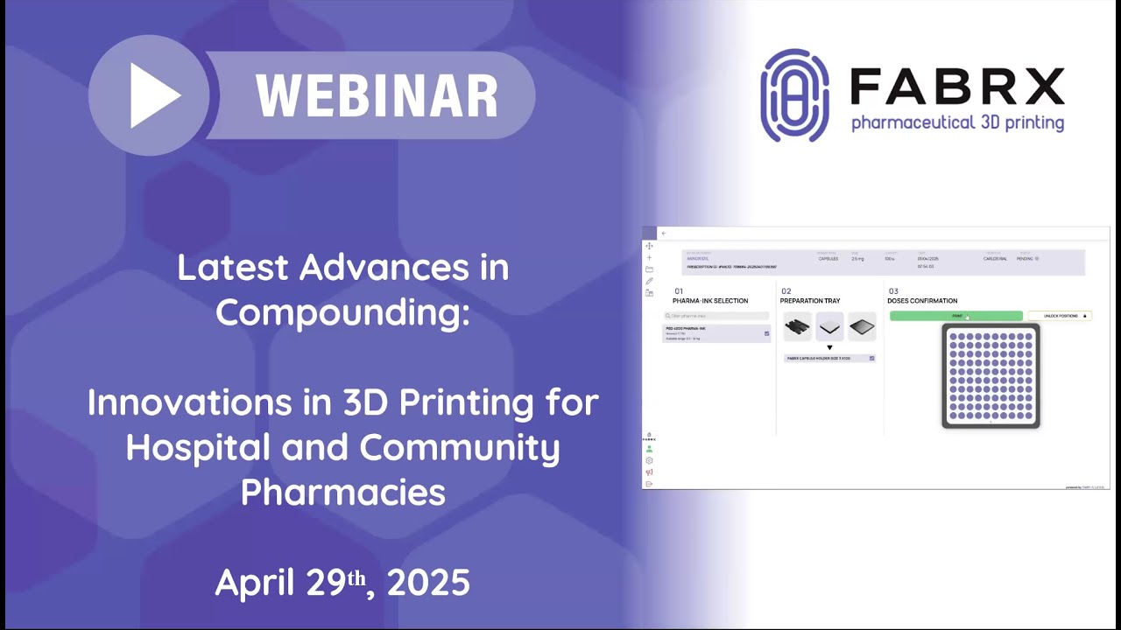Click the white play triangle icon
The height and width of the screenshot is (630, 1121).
click(154, 95)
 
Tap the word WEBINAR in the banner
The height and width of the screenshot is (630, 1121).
click(377, 95)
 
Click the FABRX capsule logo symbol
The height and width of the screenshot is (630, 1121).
click(794, 95)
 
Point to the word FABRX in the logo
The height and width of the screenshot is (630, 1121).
click(957, 87)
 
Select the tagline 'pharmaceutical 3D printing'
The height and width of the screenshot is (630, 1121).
click(957, 123)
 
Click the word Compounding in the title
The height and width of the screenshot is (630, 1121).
click(342, 311)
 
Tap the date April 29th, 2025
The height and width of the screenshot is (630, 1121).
click(342, 582)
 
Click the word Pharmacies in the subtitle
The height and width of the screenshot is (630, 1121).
click(342, 492)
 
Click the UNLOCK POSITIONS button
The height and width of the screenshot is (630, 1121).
click(1060, 316)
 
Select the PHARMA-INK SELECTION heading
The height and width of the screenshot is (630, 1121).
click(710, 301)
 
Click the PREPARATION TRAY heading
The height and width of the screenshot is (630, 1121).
click(810, 301)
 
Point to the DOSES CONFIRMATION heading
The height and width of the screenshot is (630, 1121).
click(922, 301)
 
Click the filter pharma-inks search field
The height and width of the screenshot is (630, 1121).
click(716, 316)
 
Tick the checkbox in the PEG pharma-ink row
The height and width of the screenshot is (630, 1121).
click(766, 333)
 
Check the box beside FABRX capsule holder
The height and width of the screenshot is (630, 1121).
click(871, 358)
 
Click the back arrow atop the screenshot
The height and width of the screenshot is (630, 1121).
click(664, 234)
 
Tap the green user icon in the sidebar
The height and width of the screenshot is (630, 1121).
click(649, 449)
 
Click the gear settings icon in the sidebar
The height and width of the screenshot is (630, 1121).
click(649, 460)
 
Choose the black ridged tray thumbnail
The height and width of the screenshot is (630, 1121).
click(797, 327)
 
